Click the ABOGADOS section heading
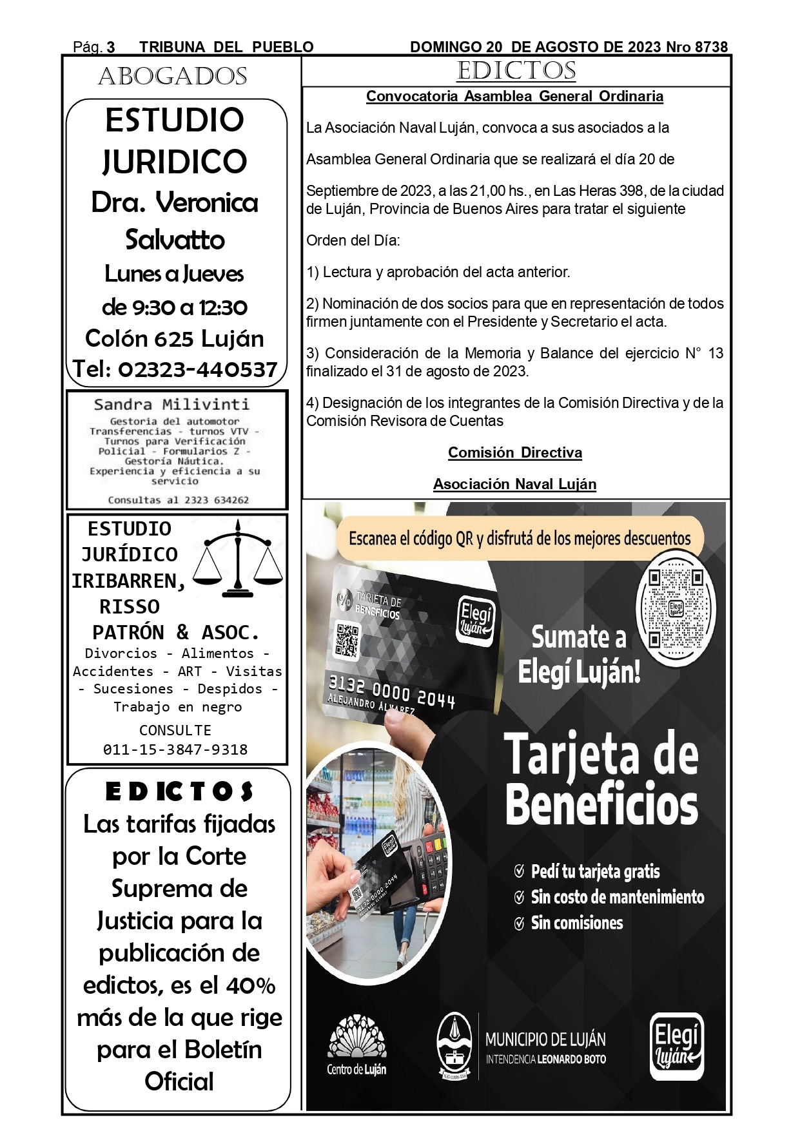tap(173, 77)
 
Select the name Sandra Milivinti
tap(171, 405)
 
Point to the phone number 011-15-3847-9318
tap(175, 749)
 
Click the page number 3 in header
tap(111, 47)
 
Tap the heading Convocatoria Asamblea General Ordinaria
tap(514, 97)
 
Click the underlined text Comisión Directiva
tap(515, 453)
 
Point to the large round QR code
tap(676, 608)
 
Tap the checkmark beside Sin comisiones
tap(519, 923)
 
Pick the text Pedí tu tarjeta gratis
tap(595, 871)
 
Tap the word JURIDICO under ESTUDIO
tap(175, 161)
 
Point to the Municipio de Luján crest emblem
tap(454, 1045)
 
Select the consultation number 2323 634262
tap(213, 500)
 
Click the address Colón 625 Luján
tap(175, 338)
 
